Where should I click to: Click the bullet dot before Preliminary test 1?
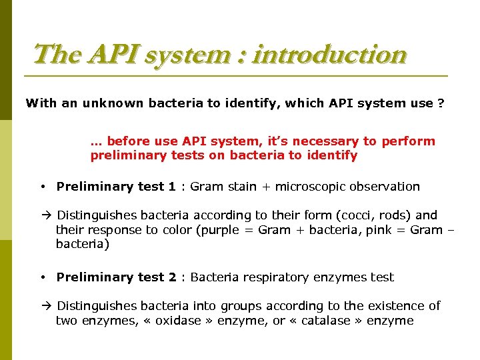click(x=42, y=187)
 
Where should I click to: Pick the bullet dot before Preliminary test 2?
click(x=42, y=277)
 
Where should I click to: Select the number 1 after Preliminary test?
click(x=172, y=187)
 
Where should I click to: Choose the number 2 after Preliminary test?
click(x=172, y=277)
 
